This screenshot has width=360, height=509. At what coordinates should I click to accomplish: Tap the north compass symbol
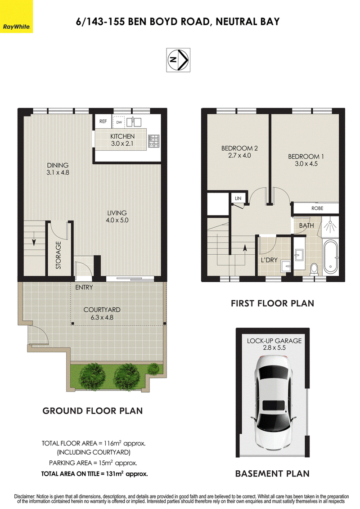pos(178,60)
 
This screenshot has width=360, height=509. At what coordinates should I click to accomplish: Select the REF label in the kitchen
pos(103,122)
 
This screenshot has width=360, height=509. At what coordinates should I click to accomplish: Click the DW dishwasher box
pos(119,122)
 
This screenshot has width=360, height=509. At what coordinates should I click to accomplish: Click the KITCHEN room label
pos(122,136)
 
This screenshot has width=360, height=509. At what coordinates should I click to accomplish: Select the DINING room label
pos(58,165)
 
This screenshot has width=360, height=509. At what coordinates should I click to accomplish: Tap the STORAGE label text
pos(58,255)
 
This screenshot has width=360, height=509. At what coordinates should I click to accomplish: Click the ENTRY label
pos(84,287)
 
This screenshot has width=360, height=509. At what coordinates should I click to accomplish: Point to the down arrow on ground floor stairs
pos(34,242)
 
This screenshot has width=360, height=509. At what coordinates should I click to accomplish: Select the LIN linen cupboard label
pos(238,198)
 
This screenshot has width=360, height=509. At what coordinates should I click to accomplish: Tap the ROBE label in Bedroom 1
pos(317,208)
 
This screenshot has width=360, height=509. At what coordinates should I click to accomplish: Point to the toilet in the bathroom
pos(314,269)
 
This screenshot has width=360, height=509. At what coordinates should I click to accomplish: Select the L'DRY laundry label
pos(269,260)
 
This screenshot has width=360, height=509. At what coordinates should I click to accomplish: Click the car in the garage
pos(273,402)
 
